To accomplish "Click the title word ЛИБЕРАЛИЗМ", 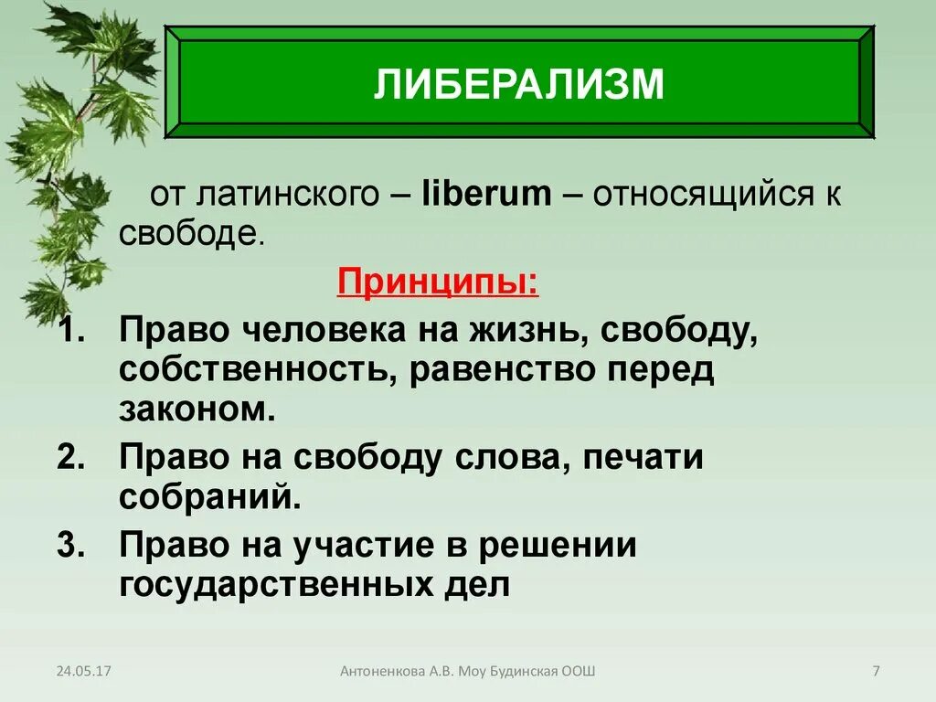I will pyautogui.click(x=518, y=84).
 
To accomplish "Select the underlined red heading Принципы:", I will pyautogui.click(x=438, y=282).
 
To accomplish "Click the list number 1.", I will pyautogui.click(x=69, y=331).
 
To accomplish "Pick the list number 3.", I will pyautogui.click(x=69, y=546).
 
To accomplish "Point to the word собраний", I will pyautogui.click(x=209, y=498).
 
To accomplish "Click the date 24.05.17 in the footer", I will pyautogui.click(x=83, y=672).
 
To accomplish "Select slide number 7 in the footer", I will pyautogui.click(x=876, y=672).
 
